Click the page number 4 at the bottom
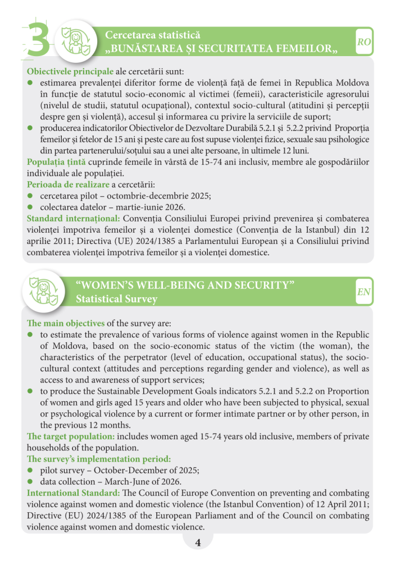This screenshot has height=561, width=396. coord(198,542)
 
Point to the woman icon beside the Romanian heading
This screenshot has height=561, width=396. coord(76,42)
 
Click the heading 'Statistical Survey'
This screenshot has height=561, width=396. coord(116,299)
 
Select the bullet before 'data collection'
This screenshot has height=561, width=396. coord(30,482)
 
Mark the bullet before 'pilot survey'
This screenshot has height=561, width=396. coord(30,471)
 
